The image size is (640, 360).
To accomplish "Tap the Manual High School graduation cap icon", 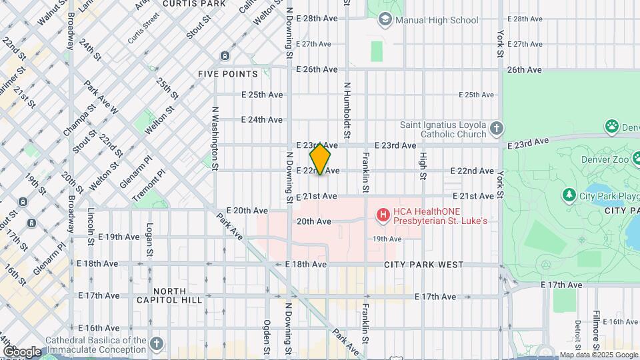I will (385, 19).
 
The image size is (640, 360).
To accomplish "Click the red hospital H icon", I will (383, 215).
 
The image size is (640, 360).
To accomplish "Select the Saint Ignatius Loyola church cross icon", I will (495, 127).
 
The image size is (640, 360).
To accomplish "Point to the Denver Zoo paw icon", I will (611, 126).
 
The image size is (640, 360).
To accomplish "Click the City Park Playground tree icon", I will (569, 195).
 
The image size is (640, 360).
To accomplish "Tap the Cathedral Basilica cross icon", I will (156, 343).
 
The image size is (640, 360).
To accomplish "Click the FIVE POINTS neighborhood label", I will (227, 73).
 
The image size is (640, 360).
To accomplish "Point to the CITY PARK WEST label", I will (424, 265).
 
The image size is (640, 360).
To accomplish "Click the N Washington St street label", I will (215, 137).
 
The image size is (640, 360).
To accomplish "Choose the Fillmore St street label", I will (596, 331).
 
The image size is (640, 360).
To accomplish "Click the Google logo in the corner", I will (21, 351).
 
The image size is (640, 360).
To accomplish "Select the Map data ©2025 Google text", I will (597, 355).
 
